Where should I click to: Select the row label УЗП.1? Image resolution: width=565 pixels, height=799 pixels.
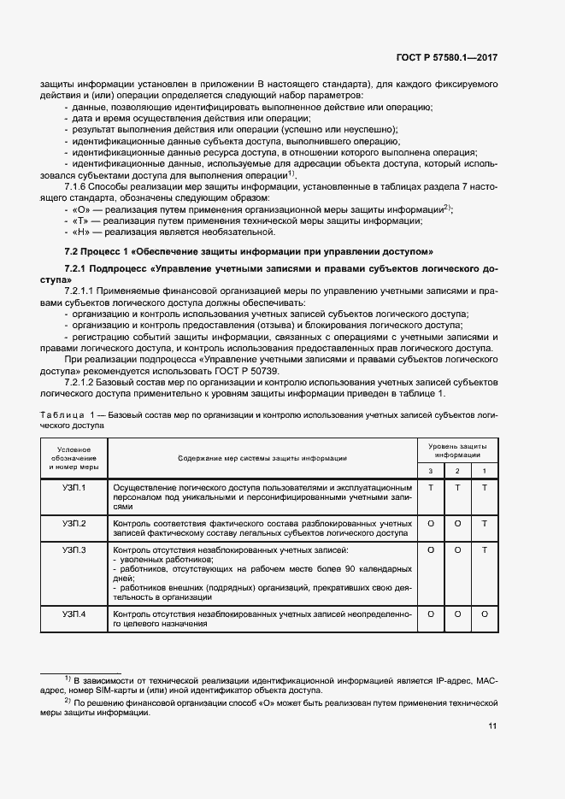point(74,487)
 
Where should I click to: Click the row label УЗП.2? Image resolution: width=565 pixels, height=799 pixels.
point(74,523)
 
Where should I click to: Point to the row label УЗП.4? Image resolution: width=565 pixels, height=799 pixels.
point(74,614)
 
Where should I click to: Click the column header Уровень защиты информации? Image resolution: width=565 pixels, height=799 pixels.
point(457,451)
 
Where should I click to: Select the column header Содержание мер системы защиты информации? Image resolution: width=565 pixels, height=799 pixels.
point(262,459)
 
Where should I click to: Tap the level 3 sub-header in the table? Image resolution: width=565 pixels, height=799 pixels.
point(431,472)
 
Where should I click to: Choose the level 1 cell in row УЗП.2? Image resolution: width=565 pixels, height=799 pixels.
point(485,523)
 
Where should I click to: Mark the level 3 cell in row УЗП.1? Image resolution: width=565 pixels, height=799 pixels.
point(431,487)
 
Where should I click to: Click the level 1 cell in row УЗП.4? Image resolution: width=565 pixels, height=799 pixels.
point(485,614)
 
